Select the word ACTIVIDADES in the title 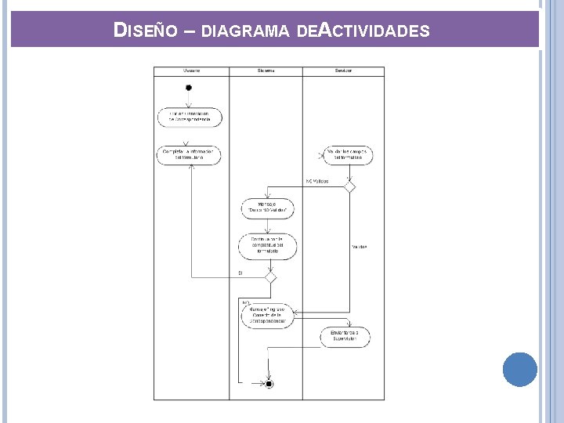point(375,31)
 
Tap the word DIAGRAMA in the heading point(246,32)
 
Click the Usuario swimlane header point(191,70)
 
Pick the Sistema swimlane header point(266,70)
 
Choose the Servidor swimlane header point(343,70)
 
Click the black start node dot point(189,88)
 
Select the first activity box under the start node point(189,117)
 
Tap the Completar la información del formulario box point(189,154)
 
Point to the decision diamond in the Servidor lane point(350,187)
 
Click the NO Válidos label point(316,182)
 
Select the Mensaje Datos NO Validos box point(267,208)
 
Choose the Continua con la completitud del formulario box point(267,247)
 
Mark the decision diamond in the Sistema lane point(270,277)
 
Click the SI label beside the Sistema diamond point(240,273)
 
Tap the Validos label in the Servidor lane point(359,247)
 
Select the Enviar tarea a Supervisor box point(345,337)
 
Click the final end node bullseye point(269,384)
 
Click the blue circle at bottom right point(520,369)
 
